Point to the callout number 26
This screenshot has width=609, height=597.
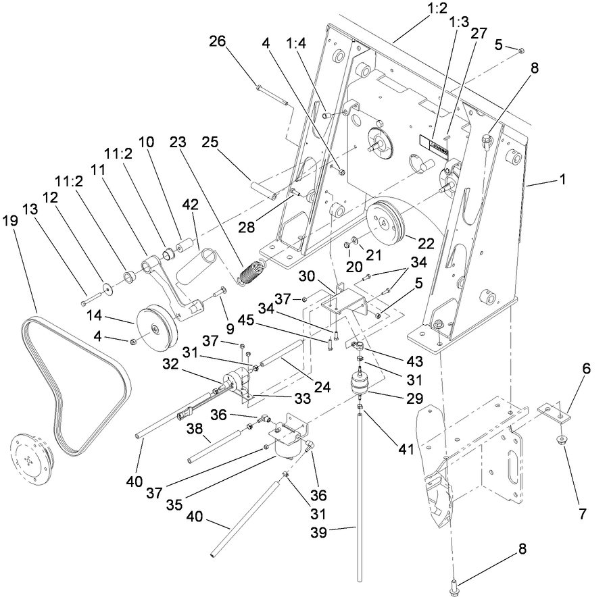tap(217, 42)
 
